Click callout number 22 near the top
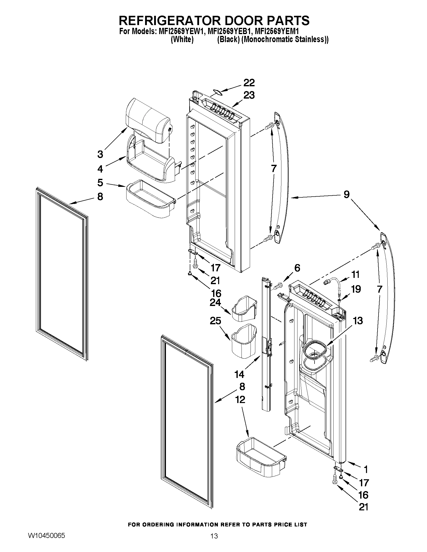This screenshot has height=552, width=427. point(249,83)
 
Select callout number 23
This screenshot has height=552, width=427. point(249,96)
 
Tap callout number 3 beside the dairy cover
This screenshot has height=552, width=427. point(100,154)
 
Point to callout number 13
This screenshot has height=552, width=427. point(358,321)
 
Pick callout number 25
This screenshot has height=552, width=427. point(215,321)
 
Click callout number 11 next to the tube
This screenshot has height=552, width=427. point(355,274)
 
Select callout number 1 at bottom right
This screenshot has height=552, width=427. point(365,469)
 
